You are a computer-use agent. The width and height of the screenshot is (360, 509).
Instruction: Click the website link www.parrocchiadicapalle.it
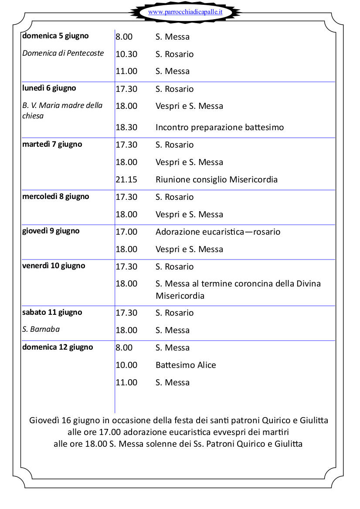pos(185,12)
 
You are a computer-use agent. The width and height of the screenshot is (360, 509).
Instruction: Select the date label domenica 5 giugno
pos(55,36)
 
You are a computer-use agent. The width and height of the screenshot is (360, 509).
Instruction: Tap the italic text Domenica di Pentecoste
pos(63,53)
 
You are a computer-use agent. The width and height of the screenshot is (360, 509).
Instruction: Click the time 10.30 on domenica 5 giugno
pos(126,54)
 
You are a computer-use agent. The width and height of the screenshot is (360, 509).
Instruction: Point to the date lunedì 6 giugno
pos(49,88)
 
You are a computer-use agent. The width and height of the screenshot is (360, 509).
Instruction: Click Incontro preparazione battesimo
pos(220,127)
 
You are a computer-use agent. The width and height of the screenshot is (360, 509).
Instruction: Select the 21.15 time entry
pos(126,179)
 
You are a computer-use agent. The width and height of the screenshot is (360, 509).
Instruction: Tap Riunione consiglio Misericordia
pos(217,179)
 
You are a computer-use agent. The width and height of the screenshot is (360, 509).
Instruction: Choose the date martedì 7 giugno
pos(52,144)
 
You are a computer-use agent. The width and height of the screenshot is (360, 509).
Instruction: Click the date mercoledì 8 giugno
pos(56,196)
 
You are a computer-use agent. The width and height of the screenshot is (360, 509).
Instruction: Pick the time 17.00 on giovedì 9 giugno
pos(126,232)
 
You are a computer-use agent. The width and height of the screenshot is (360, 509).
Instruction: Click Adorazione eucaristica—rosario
pos(218,232)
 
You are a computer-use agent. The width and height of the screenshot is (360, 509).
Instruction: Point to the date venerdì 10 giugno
pos(54,266)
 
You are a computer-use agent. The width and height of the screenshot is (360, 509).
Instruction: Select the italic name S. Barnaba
pos(41,329)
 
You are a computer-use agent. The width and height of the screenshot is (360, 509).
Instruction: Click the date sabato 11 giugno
pos(52,312)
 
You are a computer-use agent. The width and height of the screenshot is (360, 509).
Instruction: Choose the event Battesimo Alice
pos(186,365)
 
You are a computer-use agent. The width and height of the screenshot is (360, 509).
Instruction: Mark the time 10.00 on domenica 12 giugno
pos(126,365)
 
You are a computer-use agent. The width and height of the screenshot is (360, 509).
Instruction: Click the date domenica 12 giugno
pos(58,347)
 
